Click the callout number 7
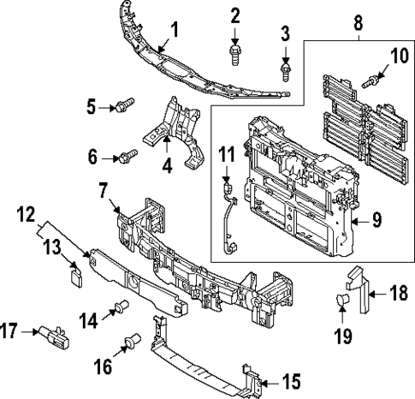102,188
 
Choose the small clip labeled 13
74,275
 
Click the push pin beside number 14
122,307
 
